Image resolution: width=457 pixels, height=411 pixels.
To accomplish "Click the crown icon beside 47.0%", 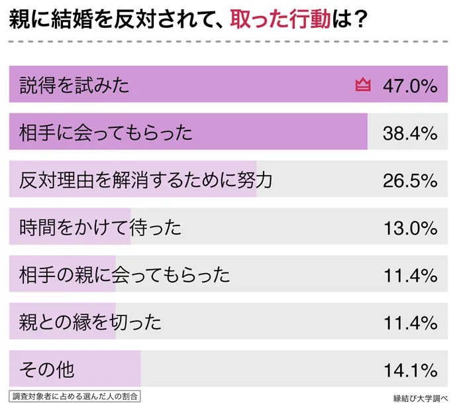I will coord(362,85).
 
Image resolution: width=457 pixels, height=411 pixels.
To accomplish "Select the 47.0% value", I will coord(410,85).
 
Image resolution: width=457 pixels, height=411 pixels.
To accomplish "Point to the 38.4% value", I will coord(410,133).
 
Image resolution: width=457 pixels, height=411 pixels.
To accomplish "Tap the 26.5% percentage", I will coord(410,180).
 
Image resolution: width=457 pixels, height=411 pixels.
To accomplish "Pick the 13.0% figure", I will coord(410,227).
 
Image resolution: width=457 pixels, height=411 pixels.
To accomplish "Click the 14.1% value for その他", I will coord(410,369).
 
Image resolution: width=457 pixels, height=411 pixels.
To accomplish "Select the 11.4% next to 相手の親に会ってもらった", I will coord(410,274).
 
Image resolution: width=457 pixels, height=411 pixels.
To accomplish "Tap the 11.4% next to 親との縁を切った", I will coord(410,322).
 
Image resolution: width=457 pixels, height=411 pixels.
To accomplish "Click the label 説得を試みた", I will coord(74,85).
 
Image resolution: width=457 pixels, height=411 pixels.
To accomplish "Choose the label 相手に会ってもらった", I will coord(106,133).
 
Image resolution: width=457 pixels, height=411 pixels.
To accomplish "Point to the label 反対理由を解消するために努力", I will coord(146,180).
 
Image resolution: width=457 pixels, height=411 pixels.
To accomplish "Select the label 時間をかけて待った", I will coord(100,227).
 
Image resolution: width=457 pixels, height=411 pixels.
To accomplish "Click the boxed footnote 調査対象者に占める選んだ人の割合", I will coord(76,397).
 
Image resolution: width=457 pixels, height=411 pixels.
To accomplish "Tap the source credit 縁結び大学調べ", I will coord(421,398).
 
